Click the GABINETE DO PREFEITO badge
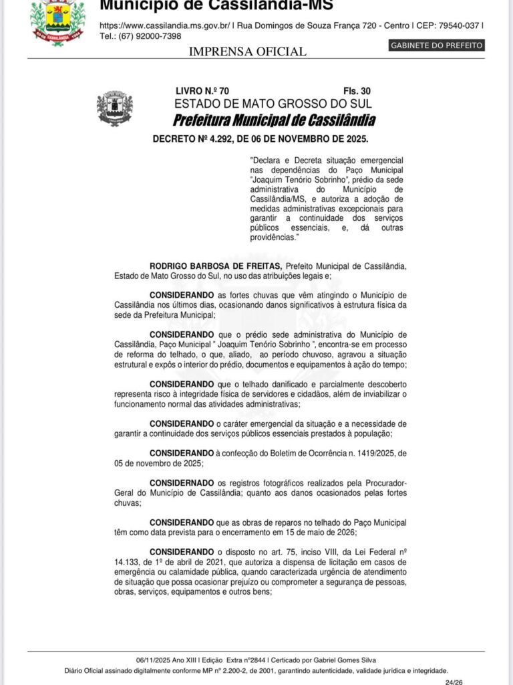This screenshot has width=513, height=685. click(x=436, y=45)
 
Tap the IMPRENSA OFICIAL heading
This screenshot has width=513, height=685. click(x=248, y=52)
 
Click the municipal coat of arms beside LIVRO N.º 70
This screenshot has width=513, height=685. click(x=115, y=108)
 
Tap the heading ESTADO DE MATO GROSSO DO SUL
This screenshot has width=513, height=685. click(x=273, y=104)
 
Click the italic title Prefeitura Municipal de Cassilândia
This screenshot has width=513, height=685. click(x=274, y=120)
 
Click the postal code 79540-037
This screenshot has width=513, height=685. click(x=456, y=25)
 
